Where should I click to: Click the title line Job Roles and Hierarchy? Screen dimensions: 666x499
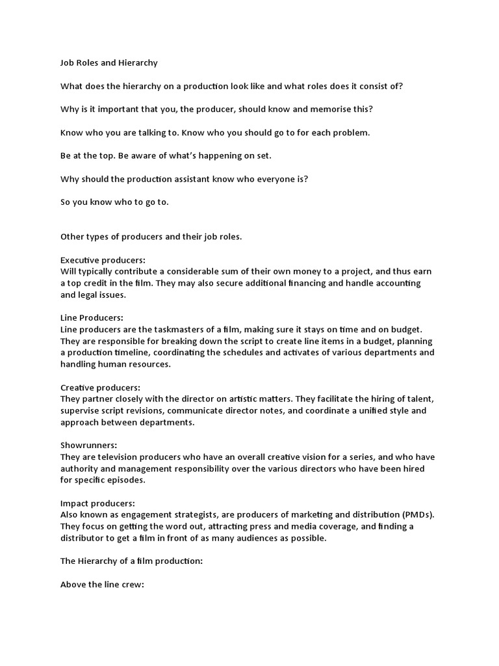(109, 63)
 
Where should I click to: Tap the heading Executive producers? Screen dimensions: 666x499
(103, 260)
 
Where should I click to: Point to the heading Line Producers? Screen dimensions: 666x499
(92, 317)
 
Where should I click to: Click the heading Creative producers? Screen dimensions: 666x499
(100, 387)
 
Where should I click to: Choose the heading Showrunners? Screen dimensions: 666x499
(89, 446)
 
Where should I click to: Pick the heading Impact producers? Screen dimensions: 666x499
(97, 503)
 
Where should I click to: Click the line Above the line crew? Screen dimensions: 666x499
(102, 584)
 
